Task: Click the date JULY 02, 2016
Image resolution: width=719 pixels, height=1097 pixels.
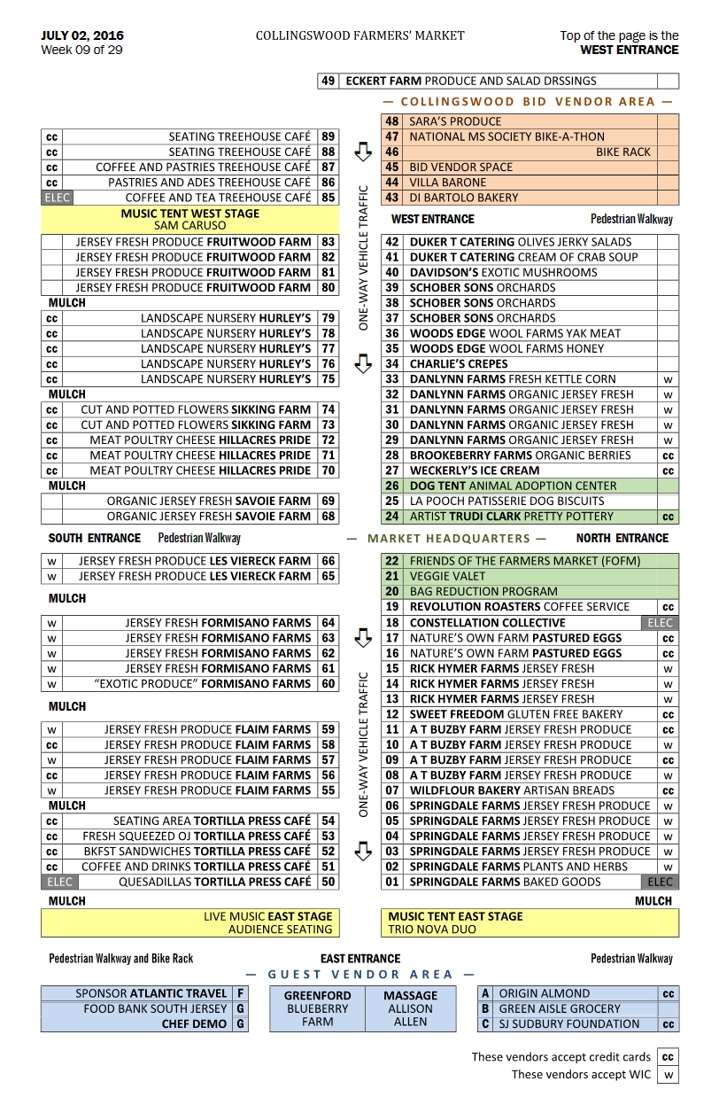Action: [82, 36]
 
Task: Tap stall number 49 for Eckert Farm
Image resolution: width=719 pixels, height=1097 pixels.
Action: [328, 82]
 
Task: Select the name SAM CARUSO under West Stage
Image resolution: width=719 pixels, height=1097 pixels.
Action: [189, 226]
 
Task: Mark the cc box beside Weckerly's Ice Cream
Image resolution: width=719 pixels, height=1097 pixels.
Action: [668, 471]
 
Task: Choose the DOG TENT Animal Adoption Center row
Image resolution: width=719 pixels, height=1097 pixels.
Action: [513, 486]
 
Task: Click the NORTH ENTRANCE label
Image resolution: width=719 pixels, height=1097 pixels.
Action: [622, 539]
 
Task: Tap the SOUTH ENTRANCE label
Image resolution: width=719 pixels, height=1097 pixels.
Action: [94, 539]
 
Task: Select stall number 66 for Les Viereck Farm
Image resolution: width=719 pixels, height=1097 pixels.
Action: [329, 561]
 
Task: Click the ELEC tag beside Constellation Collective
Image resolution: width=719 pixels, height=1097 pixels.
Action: [660, 623]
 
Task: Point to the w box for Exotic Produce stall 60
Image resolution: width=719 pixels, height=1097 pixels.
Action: [51, 684]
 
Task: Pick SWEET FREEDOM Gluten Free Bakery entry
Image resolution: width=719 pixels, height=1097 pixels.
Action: [515, 714]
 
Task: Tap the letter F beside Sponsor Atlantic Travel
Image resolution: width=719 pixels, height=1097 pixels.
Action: [240, 994]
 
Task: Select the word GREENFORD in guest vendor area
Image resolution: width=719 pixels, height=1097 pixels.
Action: [317, 996]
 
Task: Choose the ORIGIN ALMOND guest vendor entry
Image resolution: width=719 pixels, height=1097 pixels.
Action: [544, 994]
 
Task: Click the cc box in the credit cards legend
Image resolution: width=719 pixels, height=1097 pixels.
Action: [668, 1057]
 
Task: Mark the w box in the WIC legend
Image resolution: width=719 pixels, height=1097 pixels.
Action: [668, 1075]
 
